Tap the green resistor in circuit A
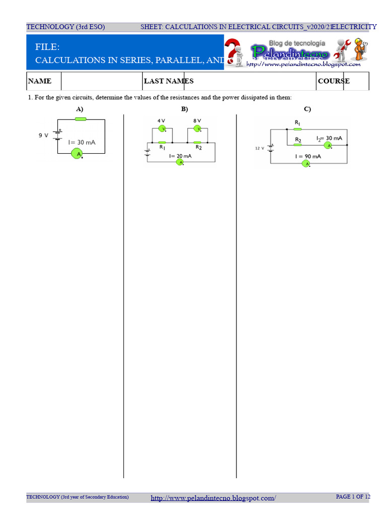pos(80,119)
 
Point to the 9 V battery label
pos(43,135)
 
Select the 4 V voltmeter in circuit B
pos(162,128)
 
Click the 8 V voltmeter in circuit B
pos(198,128)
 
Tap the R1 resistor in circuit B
pos(162,143)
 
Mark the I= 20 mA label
pos(180,156)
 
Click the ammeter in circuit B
pos(179,162)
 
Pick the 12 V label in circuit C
pos(260,148)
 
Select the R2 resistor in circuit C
pos(298,145)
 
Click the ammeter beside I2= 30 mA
pos(327,145)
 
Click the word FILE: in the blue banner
pos(47,47)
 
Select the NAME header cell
pos(40,81)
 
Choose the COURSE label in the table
pos(334,81)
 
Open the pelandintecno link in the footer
pos(213,498)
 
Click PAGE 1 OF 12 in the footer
pos(353,497)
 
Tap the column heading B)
pos(184,109)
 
